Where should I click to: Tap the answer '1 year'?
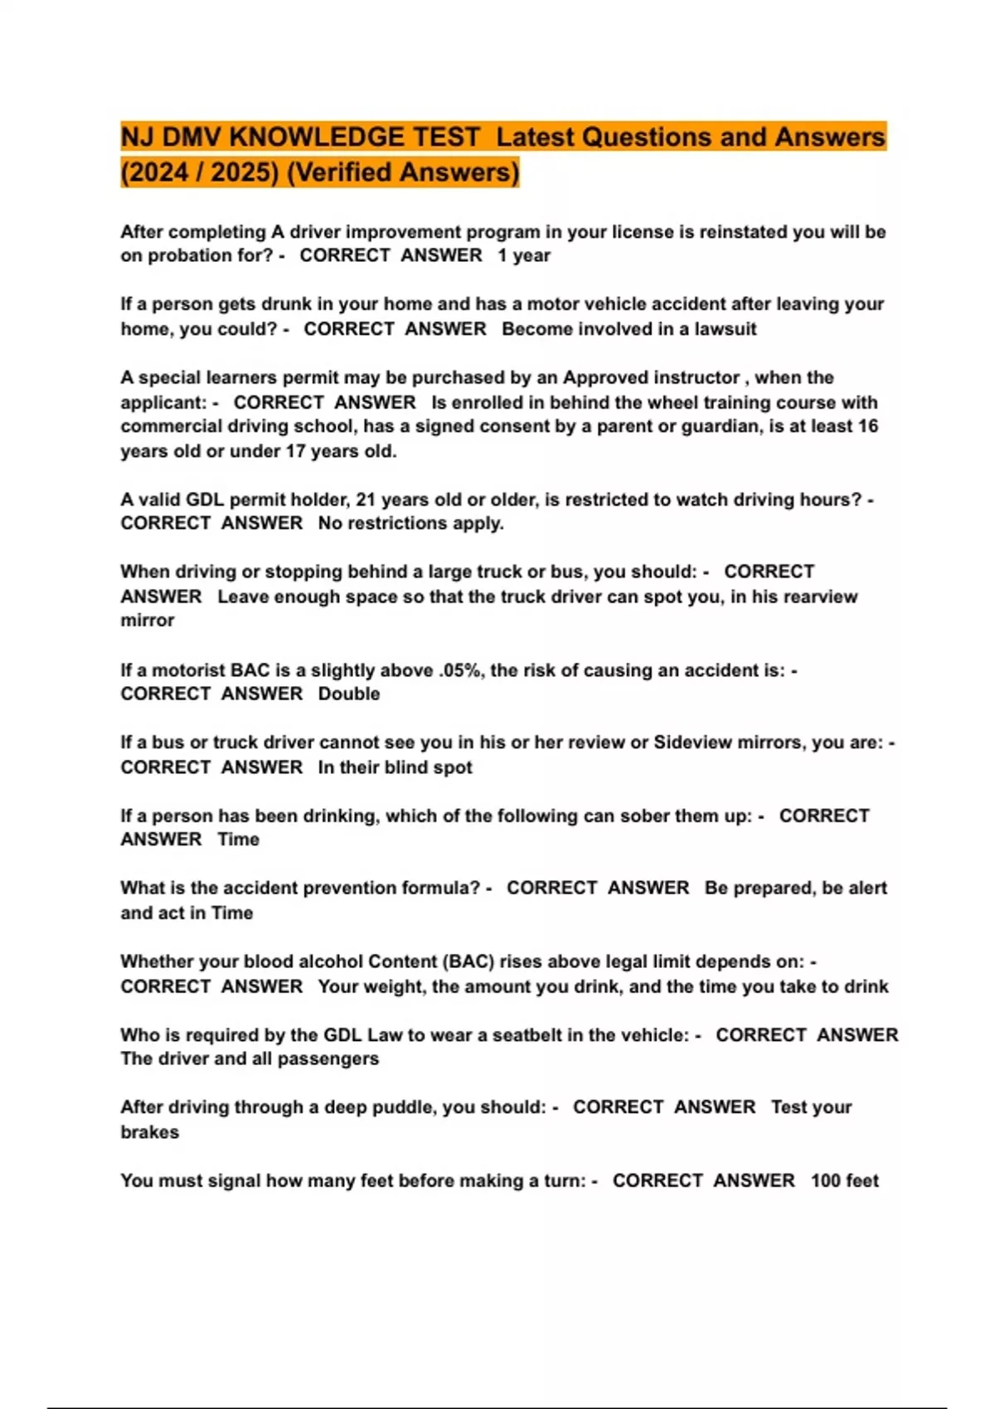524,255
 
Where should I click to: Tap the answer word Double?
349,694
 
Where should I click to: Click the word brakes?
149,1132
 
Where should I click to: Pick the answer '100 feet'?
844,1180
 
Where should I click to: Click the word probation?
189,255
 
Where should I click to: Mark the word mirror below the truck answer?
148,621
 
